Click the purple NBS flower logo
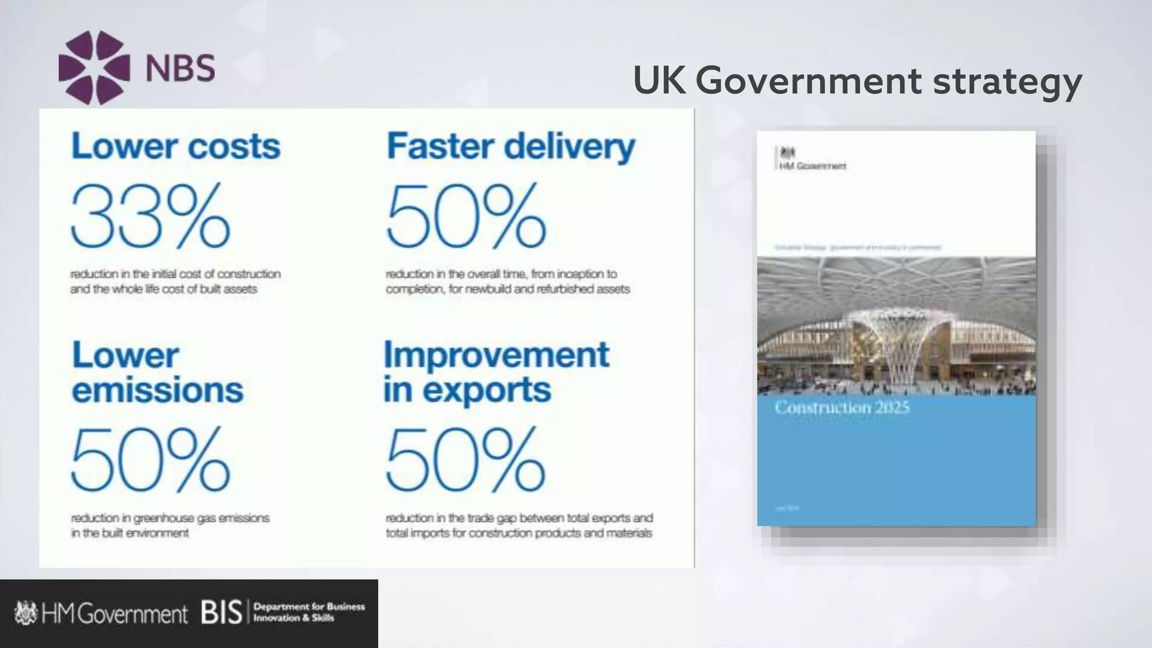tap(94, 67)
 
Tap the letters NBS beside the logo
tap(180, 69)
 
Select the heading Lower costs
tap(175, 146)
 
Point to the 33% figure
tap(150, 217)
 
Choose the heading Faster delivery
tap(511, 146)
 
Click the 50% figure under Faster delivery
tap(466, 217)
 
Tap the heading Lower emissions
tap(157, 372)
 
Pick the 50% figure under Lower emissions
tap(150, 460)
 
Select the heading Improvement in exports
tap(496, 372)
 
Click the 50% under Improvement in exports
tap(465, 460)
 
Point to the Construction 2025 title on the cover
tap(841, 407)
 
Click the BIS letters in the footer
tap(221, 613)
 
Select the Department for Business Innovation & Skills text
tap(309, 612)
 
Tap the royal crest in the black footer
tap(25, 613)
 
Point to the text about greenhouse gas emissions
tap(170, 525)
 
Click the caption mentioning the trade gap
tap(519, 525)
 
